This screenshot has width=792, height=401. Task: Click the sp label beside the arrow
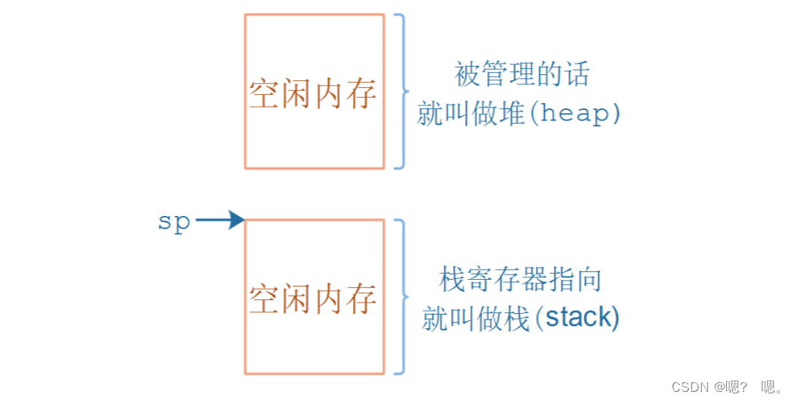[174, 222]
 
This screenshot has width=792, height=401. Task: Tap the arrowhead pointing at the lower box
[236, 221]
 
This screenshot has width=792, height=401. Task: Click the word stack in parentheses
[578, 318]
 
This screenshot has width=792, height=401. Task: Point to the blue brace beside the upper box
[401, 90]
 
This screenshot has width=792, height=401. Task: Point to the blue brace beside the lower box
[401, 296]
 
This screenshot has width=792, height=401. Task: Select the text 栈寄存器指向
[521, 280]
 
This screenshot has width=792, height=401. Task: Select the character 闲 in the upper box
[297, 95]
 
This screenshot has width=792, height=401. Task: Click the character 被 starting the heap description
[468, 75]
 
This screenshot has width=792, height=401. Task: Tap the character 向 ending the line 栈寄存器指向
[588, 280]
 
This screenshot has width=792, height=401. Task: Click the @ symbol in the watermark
[718, 387]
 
